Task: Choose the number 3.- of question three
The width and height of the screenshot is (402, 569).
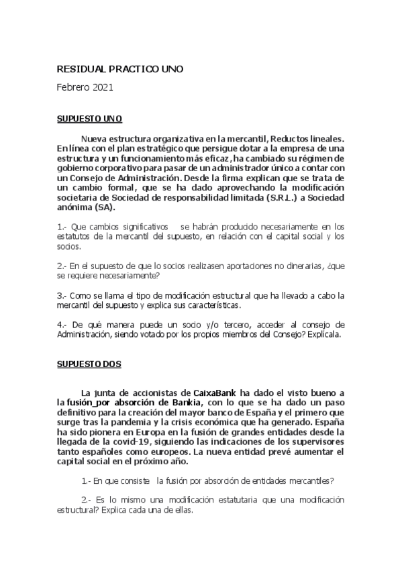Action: [x=62, y=295]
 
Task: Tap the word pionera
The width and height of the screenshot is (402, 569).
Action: [x=113, y=433]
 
